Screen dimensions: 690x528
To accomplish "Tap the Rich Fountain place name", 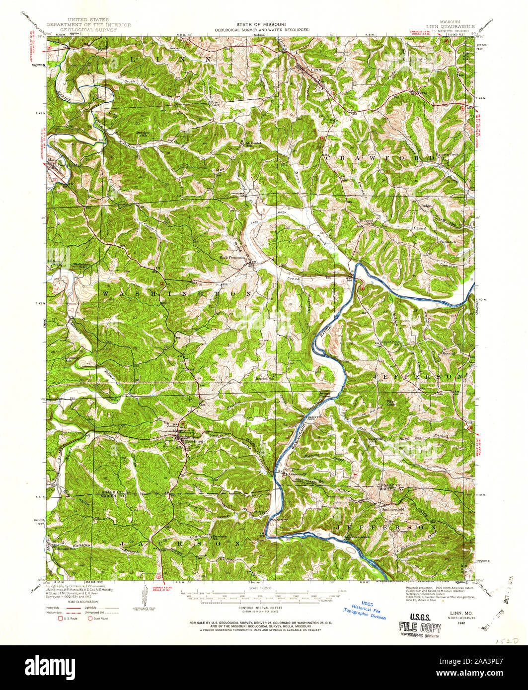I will click(x=232, y=258).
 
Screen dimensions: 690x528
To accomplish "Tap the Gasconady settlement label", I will click(x=297, y=473).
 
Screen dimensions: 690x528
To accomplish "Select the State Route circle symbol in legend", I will click(x=90, y=618).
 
